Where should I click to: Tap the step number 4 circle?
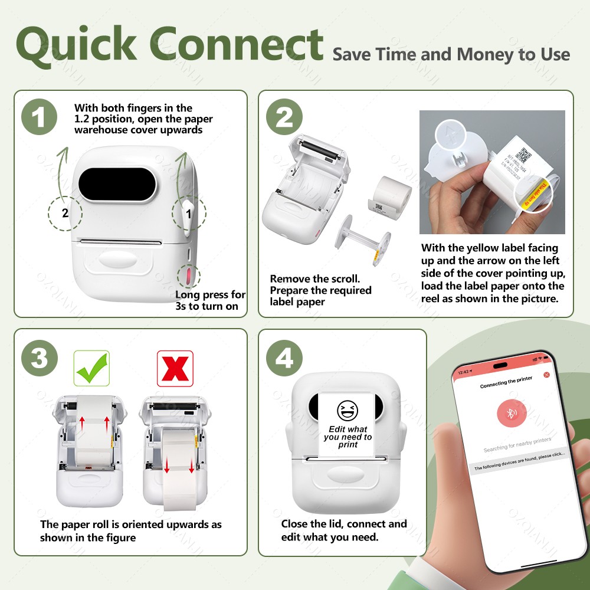(x=284, y=358)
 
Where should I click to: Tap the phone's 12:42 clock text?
(x=464, y=373)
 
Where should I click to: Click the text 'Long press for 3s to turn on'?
(x=210, y=300)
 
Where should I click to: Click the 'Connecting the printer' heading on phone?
(x=506, y=385)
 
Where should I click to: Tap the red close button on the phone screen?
(x=546, y=375)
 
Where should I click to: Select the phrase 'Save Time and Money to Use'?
(x=451, y=55)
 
